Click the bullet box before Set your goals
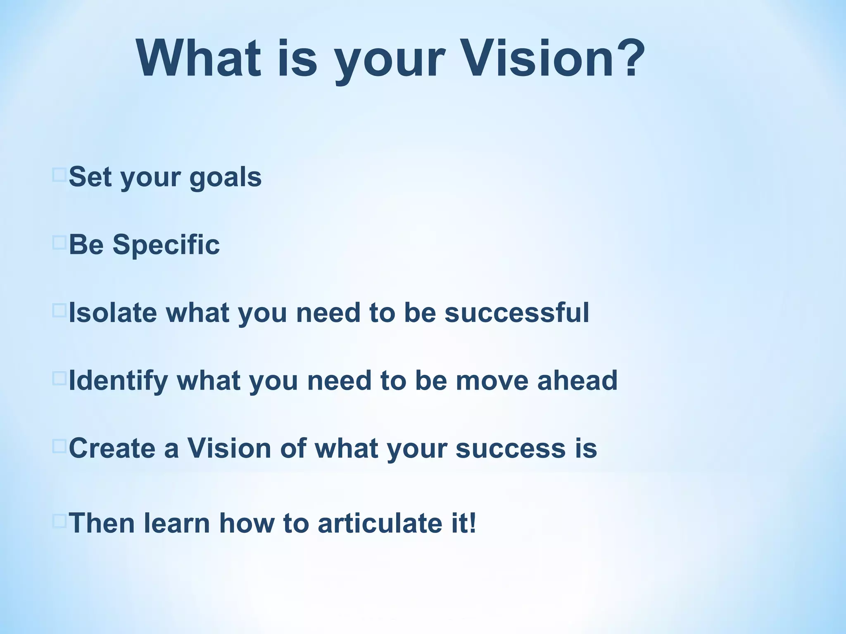59,175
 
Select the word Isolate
113,312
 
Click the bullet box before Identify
59,379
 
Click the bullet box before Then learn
59,521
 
